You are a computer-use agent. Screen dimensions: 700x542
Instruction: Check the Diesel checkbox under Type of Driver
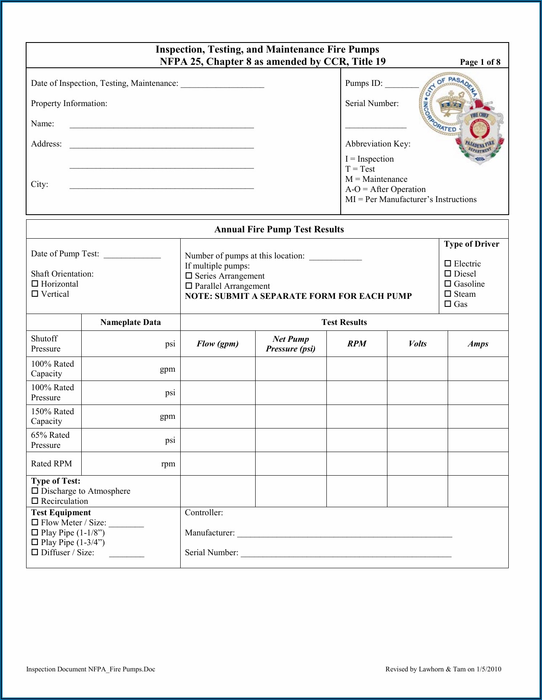(x=448, y=274)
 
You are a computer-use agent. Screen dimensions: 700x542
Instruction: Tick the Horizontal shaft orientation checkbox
(x=35, y=284)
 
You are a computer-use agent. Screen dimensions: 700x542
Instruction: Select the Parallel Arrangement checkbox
(x=189, y=286)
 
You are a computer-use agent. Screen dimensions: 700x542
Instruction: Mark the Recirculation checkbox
(x=35, y=501)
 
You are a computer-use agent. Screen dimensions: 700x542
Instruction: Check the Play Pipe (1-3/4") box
(x=35, y=543)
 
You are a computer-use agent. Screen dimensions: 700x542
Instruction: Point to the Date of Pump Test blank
(x=132, y=256)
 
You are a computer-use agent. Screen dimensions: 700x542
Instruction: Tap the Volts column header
(x=417, y=344)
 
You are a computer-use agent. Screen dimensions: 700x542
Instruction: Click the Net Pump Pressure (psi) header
(x=291, y=344)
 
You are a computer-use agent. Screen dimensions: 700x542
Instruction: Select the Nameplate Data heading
(x=131, y=322)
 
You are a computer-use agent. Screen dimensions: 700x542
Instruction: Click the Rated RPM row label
(x=51, y=464)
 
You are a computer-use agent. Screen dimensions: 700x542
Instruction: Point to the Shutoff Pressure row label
(x=45, y=344)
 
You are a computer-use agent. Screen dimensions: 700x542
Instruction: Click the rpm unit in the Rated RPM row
(x=168, y=464)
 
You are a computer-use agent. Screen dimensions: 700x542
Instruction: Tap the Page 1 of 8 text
(x=480, y=62)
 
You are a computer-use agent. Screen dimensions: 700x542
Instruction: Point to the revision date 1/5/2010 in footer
(x=489, y=669)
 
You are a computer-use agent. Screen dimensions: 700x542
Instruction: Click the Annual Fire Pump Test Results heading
(x=279, y=229)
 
